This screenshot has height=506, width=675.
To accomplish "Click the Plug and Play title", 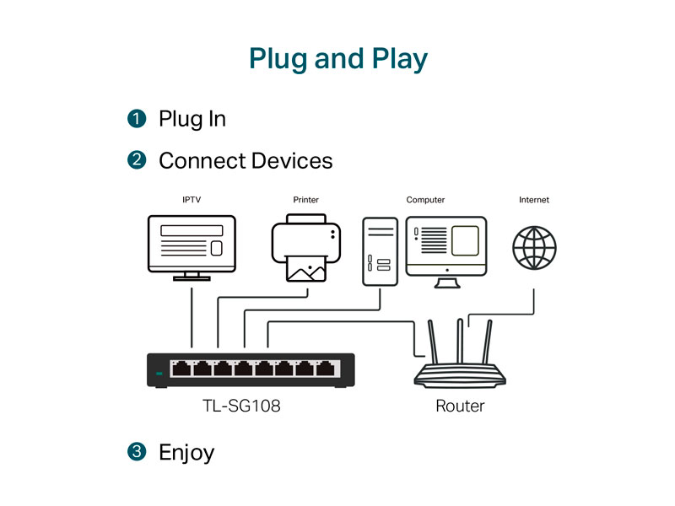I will (x=337, y=59).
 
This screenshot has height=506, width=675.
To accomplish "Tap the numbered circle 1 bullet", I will (x=137, y=119).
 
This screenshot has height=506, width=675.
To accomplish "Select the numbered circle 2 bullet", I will (x=137, y=160).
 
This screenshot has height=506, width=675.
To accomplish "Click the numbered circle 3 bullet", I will (x=137, y=453).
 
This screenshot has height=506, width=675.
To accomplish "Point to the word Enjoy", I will (x=186, y=453).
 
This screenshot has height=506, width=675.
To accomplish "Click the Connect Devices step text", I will (x=246, y=160).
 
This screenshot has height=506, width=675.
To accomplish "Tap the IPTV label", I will (x=192, y=201).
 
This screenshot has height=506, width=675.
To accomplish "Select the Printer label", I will (x=305, y=201).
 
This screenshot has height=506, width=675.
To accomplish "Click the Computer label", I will (x=425, y=201).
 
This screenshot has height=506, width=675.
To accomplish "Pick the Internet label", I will (x=533, y=201).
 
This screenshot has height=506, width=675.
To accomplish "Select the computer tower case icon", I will (x=380, y=250).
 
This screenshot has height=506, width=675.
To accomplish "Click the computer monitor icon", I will (x=446, y=246).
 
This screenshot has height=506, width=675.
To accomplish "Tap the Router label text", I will (x=460, y=406).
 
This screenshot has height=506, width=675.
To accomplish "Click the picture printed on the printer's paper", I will (x=305, y=269).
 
